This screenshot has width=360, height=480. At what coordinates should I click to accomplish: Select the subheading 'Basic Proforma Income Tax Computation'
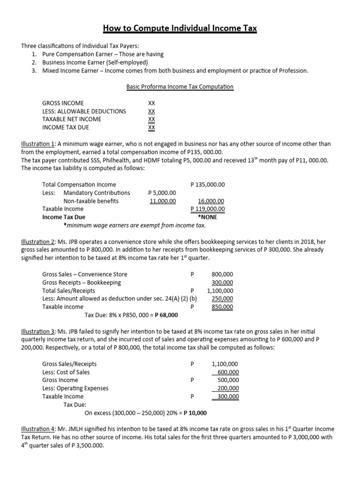[x=180, y=87]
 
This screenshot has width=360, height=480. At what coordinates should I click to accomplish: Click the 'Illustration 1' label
[x=38, y=144]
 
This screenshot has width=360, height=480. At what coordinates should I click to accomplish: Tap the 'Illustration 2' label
[x=38, y=242]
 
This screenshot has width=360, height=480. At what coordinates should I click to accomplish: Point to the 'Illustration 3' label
[x=38, y=332]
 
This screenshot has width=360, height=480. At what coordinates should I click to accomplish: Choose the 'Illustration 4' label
[x=38, y=429]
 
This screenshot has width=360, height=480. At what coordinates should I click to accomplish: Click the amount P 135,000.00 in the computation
[x=208, y=185]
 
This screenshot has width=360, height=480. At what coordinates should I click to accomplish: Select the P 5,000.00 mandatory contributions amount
[x=162, y=193]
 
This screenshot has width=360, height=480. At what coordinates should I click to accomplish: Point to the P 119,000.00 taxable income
[x=208, y=209]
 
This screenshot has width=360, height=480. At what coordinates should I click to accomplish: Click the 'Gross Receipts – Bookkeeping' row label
[x=82, y=283]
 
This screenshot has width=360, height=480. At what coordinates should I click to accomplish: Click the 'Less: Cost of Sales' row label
[x=66, y=372]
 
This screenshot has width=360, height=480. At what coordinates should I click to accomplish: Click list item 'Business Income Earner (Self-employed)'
[x=95, y=62]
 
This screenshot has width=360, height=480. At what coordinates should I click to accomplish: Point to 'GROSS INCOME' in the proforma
[x=63, y=103]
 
